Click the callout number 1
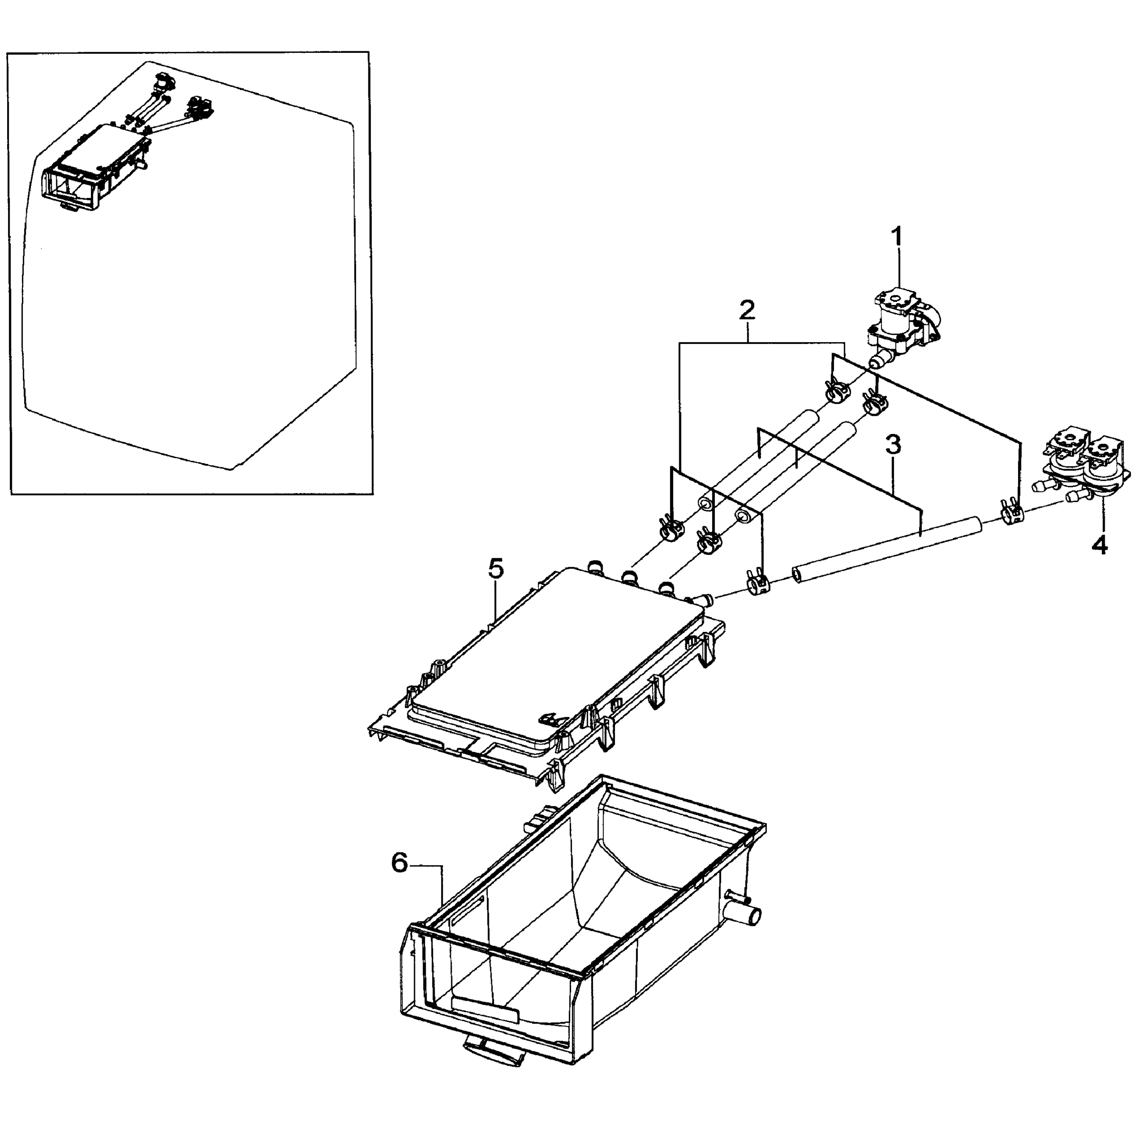coord(898,236)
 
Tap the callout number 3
coord(893,445)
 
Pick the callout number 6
coord(400,864)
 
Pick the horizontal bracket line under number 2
coord(762,342)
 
